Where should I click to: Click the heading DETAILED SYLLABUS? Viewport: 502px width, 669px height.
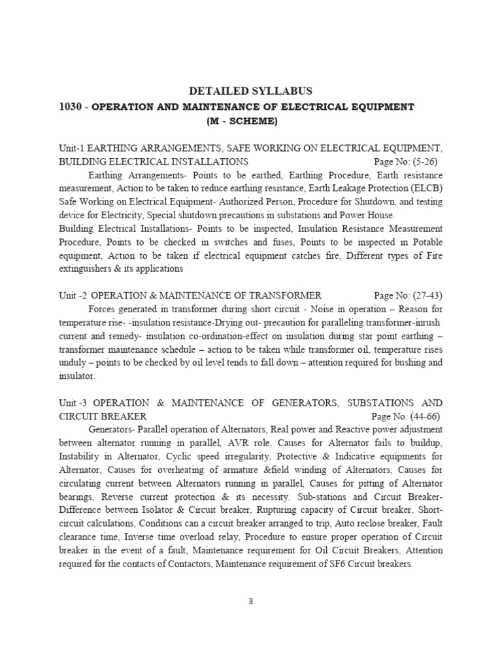(x=250, y=91)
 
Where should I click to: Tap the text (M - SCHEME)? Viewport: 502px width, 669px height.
(x=242, y=121)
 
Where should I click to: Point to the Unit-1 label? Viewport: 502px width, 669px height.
(x=72, y=148)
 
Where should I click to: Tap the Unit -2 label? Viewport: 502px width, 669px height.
(x=74, y=295)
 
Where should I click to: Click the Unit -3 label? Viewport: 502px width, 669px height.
(x=74, y=403)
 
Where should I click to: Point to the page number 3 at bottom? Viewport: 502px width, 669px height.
(x=250, y=602)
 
